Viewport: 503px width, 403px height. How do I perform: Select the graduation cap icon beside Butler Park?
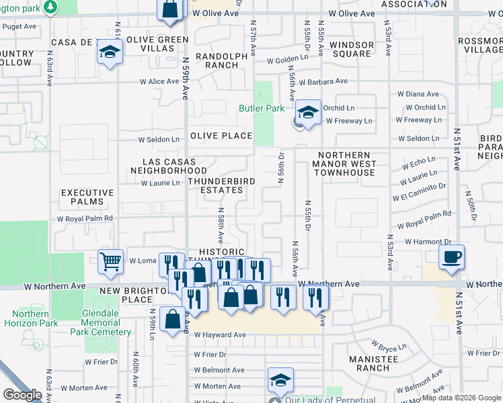(309, 112)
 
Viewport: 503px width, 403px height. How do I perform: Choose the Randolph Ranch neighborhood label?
(217, 60)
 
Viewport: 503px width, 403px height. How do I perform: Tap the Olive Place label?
(220, 136)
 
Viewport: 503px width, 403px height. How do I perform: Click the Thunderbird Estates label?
(216, 185)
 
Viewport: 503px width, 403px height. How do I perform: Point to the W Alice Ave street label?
(159, 82)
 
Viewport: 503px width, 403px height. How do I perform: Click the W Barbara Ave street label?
(323, 82)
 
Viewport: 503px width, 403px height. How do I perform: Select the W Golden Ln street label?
(287, 60)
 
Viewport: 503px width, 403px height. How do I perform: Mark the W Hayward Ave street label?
(220, 334)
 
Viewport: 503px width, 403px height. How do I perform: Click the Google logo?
(23, 395)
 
